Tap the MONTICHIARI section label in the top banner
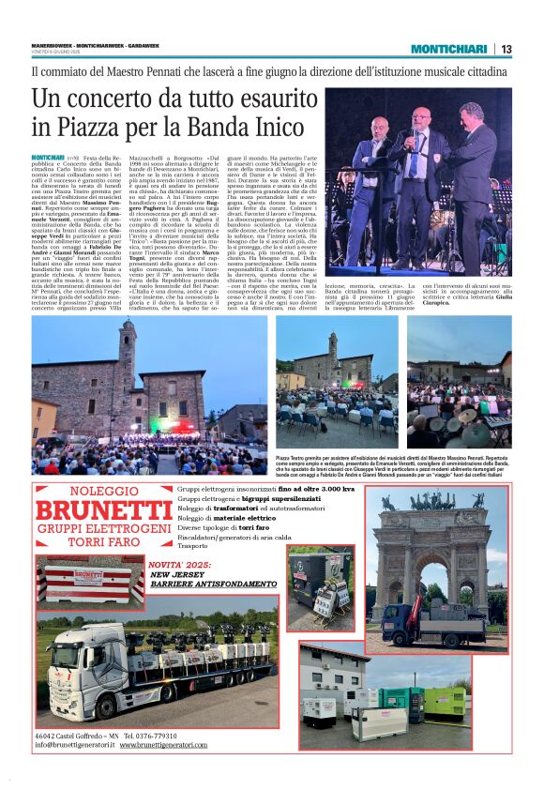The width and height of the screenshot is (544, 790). (448, 49)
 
